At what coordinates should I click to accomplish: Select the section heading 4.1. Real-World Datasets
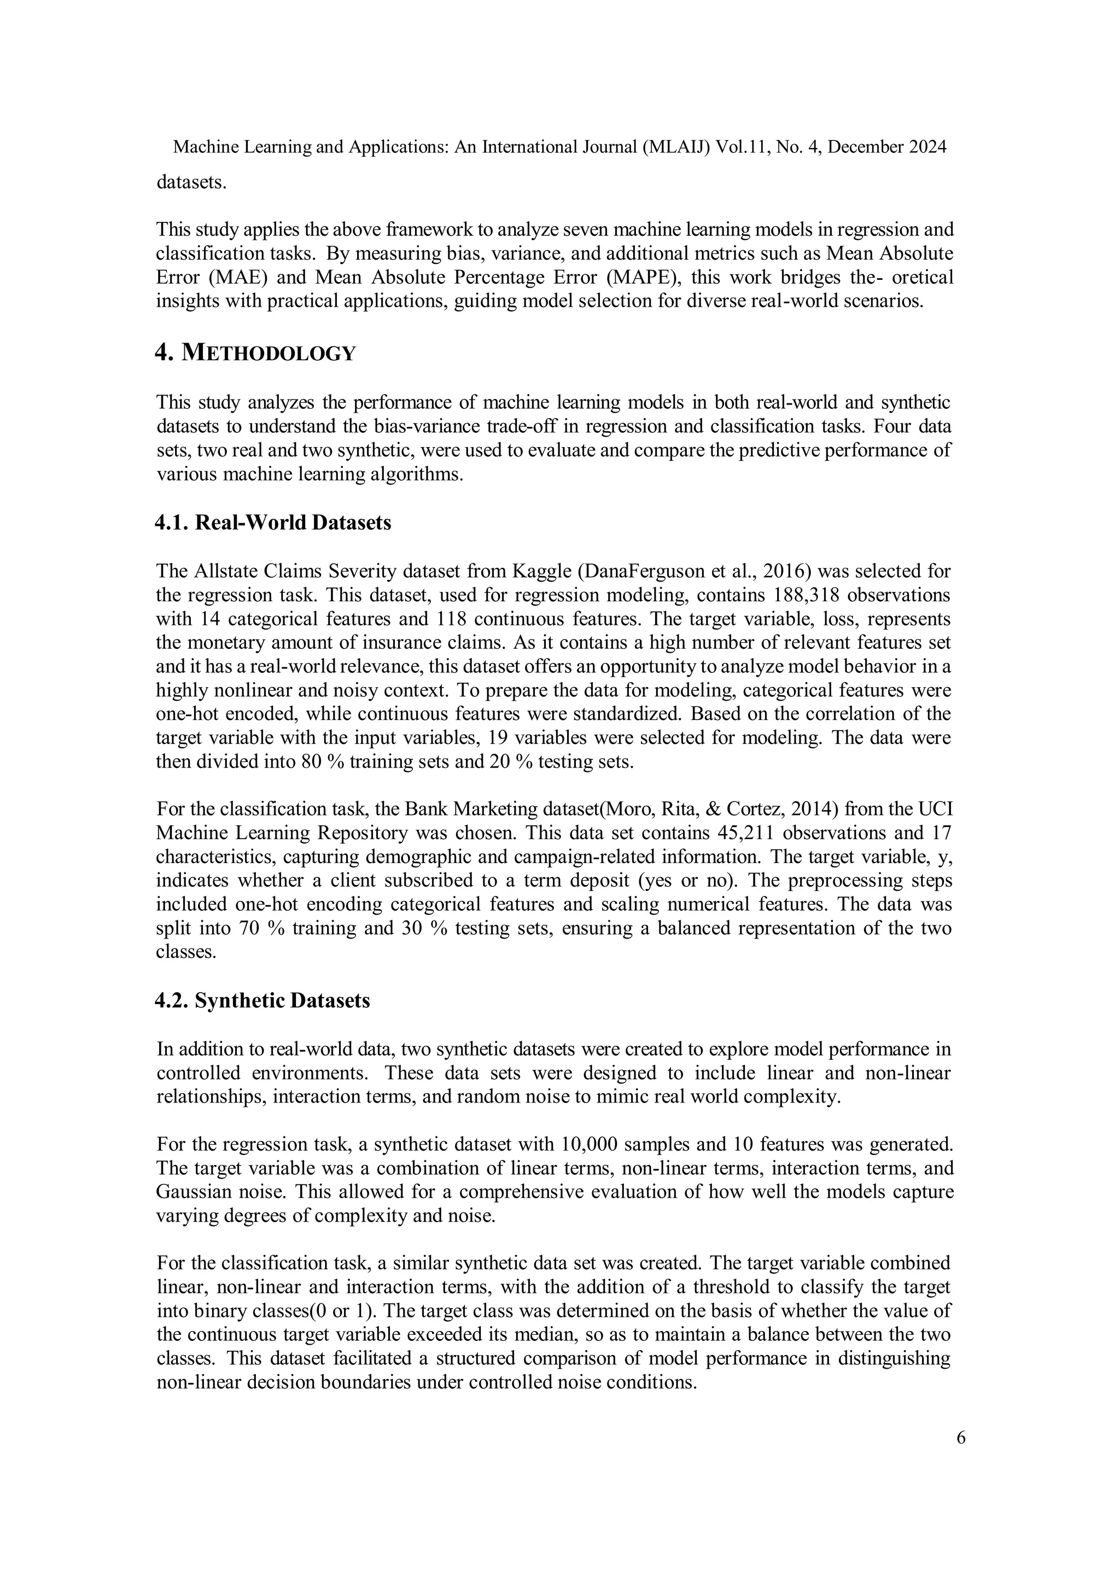pyautogui.click(x=272, y=523)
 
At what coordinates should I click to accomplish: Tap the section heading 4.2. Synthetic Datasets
pyautogui.click(x=262, y=1000)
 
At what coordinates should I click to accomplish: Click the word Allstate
pyautogui.click(x=220, y=571)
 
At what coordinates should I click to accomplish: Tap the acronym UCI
pyautogui.click(x=936, y=809)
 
